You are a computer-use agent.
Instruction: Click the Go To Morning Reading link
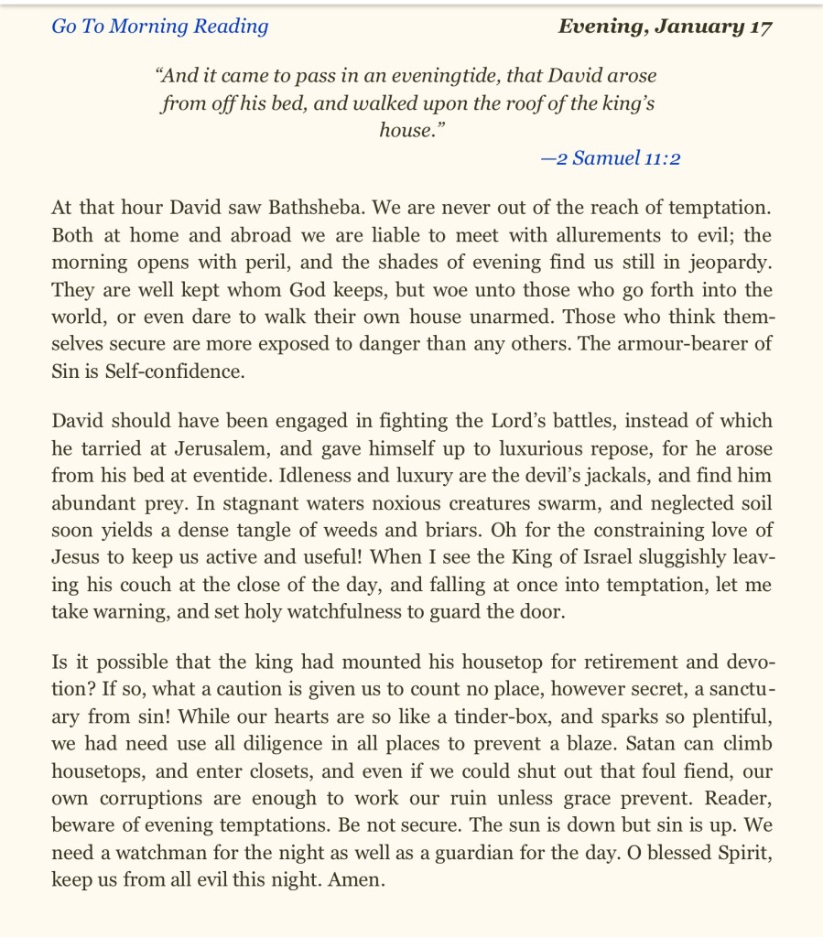(160, 26)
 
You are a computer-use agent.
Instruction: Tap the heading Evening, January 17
(665, 26)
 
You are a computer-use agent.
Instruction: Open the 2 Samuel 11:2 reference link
(611, 158)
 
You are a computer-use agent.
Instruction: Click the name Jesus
(78, 557)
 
